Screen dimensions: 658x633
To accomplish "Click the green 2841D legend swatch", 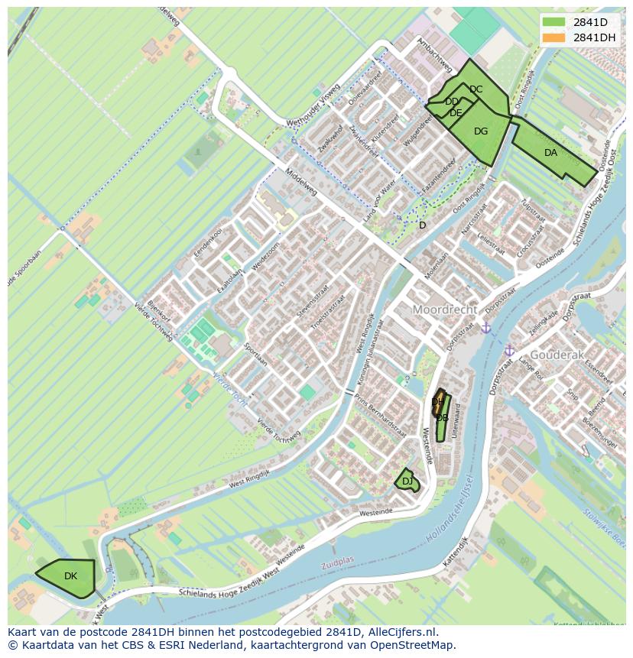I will point(554,22).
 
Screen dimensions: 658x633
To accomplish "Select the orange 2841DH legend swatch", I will point(554,37).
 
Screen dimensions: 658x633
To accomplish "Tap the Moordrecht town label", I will point(445,310).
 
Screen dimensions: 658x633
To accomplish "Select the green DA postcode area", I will point(551,154).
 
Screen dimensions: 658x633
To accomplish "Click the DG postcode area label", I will point(481,131).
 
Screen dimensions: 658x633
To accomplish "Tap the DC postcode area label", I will point(476,89).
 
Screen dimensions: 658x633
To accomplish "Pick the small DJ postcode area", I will point(407,481).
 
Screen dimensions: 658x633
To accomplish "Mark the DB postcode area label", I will point(442,418).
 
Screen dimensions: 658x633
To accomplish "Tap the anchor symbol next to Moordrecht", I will point(485,328).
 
